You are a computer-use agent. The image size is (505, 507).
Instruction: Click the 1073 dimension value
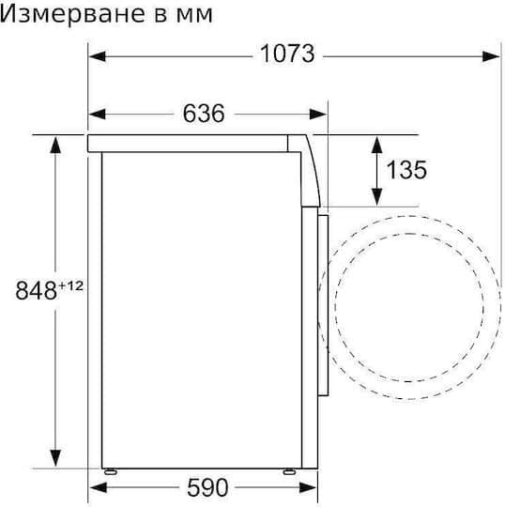(x=286, y=54)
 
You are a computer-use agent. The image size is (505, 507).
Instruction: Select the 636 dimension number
(x=204, y=114)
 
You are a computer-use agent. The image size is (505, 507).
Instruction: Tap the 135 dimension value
(x=406, y=170)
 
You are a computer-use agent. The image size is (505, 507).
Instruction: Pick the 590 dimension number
(x=207, y=488)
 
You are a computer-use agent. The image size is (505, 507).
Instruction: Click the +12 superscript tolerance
(x=71, y=284)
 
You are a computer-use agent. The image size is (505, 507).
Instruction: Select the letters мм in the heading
(x=194, y=15)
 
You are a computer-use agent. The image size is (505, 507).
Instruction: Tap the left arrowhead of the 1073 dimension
(x=97, y=54)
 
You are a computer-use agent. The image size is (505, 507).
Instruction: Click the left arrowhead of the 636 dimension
(x=97, y=115)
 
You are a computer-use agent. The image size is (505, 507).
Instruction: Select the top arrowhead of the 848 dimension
(x=57, y=142)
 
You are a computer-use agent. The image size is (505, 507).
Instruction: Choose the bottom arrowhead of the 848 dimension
(x=57, y=461)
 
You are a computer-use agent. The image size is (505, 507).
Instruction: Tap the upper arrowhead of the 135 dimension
(x=377, y=143)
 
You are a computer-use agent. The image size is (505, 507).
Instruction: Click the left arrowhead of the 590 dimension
(x=97, y=488)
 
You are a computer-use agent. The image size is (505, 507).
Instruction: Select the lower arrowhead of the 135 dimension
(x=377, y=198)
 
